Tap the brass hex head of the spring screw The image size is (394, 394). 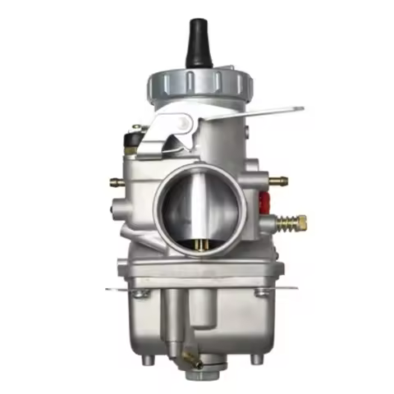point(301,222)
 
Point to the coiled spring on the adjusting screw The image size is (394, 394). point(283,222)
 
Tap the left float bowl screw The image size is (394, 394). point(143,293)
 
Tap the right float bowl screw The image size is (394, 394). point(262,291)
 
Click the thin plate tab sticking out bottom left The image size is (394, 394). point(112,288)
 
